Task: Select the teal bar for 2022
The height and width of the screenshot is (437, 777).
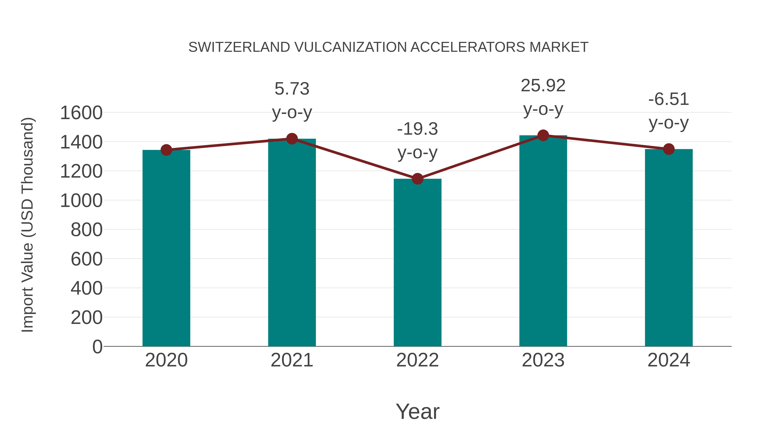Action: [417, 262]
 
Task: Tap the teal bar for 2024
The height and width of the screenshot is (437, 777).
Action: [669, 247]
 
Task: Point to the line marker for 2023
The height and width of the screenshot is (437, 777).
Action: [543, 135]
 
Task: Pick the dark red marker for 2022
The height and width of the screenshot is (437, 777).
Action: [417, 179]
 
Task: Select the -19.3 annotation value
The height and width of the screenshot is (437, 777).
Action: [417, 129]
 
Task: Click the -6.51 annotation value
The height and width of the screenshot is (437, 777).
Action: [669, 99]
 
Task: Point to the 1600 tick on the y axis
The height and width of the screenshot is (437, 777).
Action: [81, 113]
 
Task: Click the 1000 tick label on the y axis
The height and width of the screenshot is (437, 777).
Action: [81, 200]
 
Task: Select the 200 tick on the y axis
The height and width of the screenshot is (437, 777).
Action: [87, 318]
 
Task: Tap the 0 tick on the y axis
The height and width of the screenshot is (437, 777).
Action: [97, 347]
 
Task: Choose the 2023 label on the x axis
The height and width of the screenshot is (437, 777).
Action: [543, 360]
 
